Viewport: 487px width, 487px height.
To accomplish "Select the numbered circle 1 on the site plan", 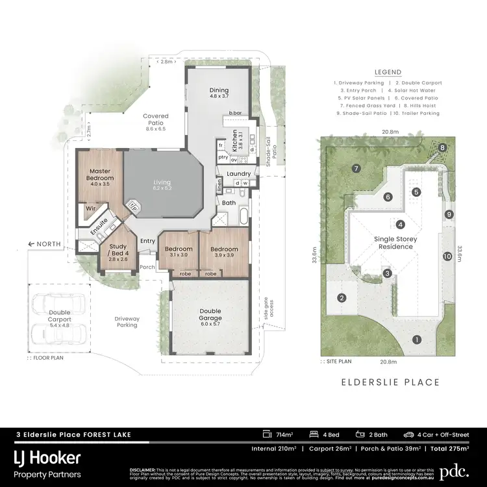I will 416,339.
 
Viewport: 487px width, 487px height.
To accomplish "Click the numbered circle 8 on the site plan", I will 442,147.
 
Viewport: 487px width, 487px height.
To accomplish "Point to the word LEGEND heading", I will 388,72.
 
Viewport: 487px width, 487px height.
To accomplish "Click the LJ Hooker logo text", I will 49,458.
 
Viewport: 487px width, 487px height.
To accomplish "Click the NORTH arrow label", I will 45,244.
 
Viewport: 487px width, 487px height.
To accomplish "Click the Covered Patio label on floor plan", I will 155,119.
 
